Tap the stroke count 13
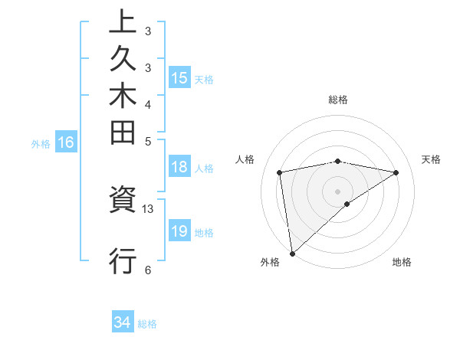(x=148, y=208)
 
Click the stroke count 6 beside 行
(x=148, y=269)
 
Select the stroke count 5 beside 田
(x=148, y=142)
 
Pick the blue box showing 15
(x=179, y=77)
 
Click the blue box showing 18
(x=179, y=168)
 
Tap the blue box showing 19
(x=179, y=231)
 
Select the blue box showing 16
(x=66, y=142)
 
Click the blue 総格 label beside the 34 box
(x=147, y=324)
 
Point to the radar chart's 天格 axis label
(x=431, y=159)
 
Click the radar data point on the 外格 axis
(x=292, y=253)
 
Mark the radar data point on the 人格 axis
(x=280, y=172)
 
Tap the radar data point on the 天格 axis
(x=396, y=172)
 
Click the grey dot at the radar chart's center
(x=337, y=191)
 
